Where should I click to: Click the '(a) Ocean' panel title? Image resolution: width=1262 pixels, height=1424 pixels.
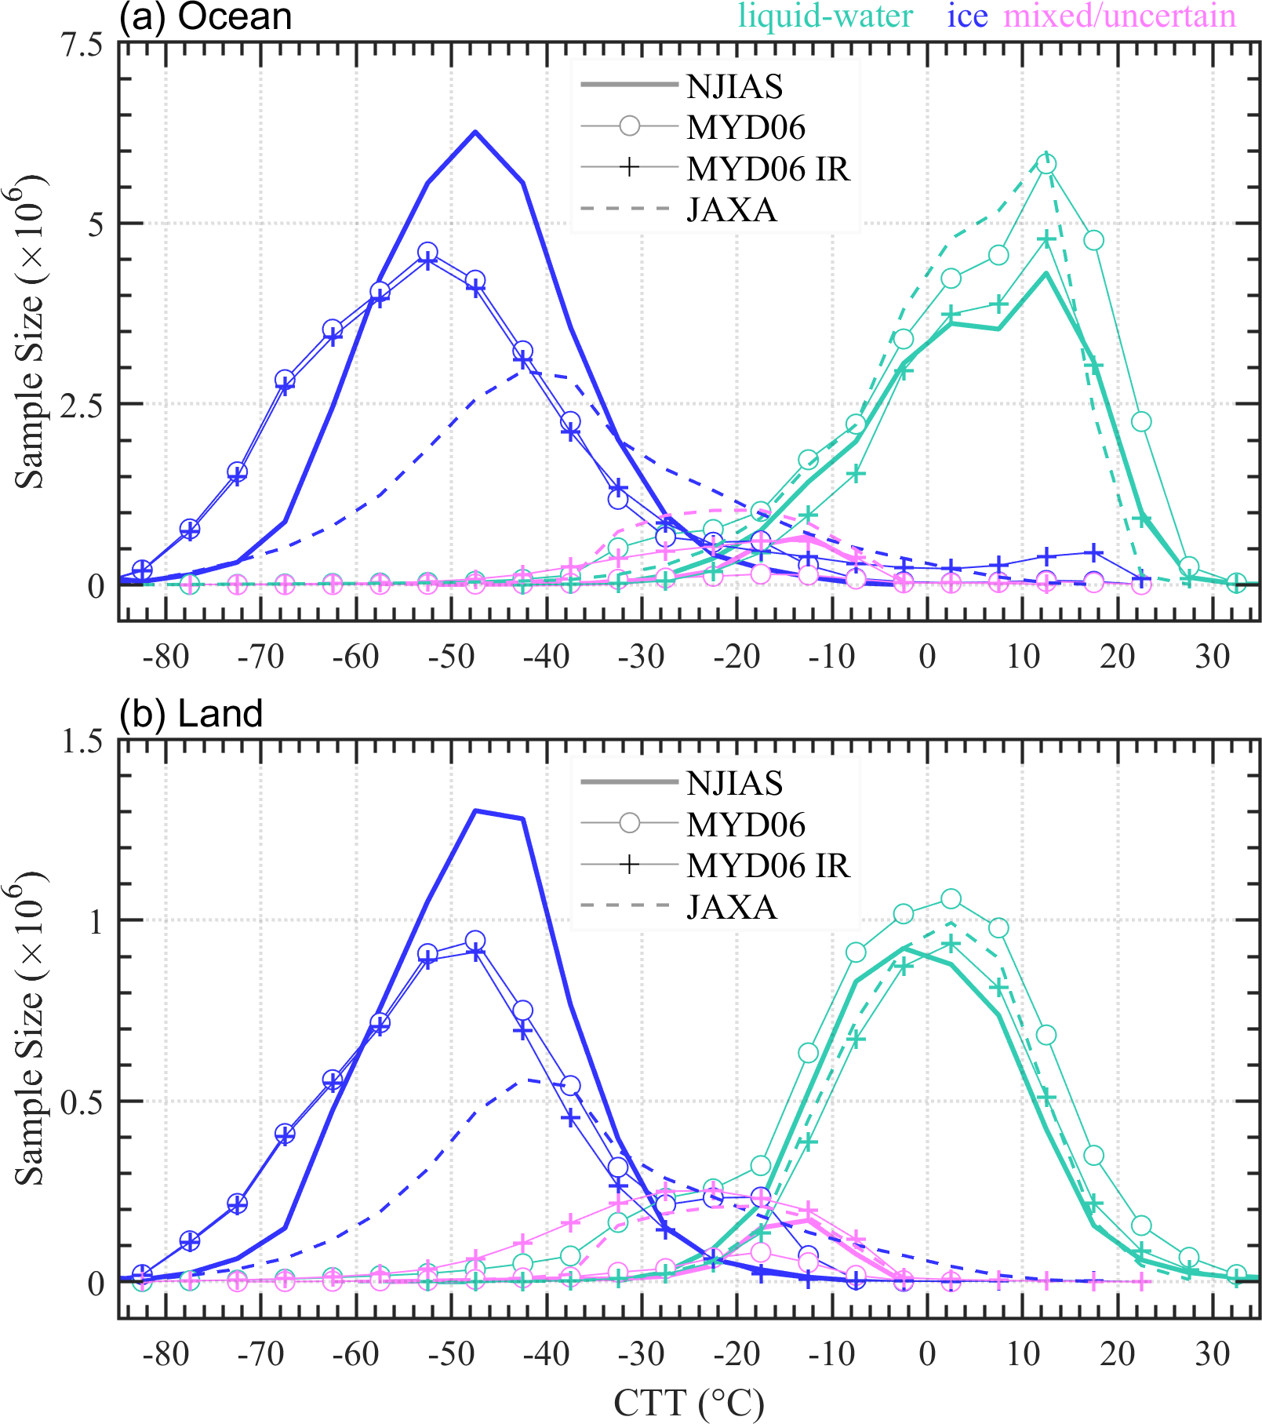pyautogui.click(x=205, y=17)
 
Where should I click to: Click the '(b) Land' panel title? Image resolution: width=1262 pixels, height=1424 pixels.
pyautogui.click(x=191, y=714)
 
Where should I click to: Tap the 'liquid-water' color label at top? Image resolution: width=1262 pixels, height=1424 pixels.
pyautogui.click(x=826, y=16)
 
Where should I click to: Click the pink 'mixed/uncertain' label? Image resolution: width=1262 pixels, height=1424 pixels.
pyautogui.click(x=1119, y=16)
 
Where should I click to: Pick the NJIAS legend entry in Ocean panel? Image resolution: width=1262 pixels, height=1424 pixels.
pyautogui.click(x=734, y=86)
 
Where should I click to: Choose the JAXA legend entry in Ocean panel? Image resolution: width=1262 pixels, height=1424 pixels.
pyautogui.click(x=731, y=209)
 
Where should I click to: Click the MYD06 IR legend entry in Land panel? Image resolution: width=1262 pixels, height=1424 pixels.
pyautogui.click(x=768, y=865)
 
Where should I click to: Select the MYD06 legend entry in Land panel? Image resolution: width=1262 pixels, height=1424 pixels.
pyautogui.click(x=746, y=825)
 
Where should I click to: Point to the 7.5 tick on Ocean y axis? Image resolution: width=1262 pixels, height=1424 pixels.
pyautogui.click(x=83, y=45)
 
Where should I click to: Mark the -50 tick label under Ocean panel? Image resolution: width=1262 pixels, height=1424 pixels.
pyautogui.click(x=452, y=656)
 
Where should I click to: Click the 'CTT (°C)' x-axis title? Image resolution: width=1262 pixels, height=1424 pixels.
pyautogui.click(x=688, y=1403)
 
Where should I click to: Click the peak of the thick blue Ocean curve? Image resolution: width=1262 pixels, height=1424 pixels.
pyautogui.click(x=475, y=132)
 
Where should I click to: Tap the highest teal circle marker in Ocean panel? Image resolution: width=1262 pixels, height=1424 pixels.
pyautogui.click(x=1046, y=164)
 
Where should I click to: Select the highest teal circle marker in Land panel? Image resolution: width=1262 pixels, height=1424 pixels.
pyautogui.click(x=951, y=898)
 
